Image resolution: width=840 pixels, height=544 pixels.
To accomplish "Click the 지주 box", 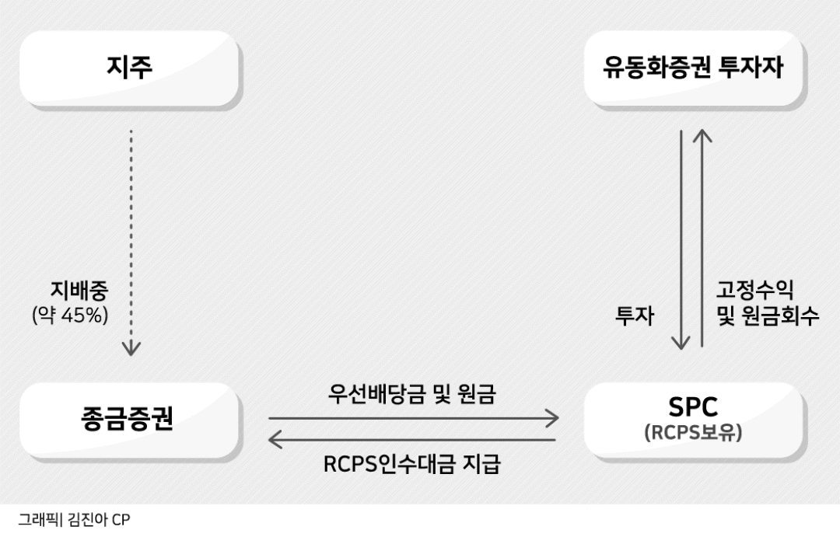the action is [x=129, y=68].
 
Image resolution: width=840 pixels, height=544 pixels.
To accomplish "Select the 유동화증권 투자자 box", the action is [x=694, y=68].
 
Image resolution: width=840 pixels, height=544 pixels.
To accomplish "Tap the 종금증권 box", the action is [x=129, y=420].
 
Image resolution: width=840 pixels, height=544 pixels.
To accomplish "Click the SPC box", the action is [x=694, y=420].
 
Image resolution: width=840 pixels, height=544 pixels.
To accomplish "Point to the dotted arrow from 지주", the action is [x=131, y=242].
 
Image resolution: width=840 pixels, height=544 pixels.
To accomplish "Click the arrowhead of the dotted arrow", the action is [x=131, y=349].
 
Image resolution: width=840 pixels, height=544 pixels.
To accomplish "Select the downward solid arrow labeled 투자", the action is [x=681, y=240].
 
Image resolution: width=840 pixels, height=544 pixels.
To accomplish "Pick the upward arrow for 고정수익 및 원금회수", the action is [x=702, y=239].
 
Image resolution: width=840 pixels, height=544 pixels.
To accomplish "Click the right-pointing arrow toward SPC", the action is [x=414, y=418].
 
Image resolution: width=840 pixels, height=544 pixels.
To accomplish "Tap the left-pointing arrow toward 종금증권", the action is [x=412, y=440].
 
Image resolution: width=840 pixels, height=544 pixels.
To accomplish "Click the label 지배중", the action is [x=79, y=290].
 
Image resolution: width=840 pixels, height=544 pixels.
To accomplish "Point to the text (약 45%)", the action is [x=70, y=315].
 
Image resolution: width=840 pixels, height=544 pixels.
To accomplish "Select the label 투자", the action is [x=635, y=316].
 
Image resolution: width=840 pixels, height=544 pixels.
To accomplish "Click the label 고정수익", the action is [x=754, y=290].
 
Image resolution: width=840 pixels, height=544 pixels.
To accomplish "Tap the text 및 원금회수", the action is [x=768, y=316].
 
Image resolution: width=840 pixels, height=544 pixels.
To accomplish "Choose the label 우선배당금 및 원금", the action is [x=412, y=394].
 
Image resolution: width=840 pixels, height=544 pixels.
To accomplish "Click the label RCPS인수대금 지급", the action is [x=412, y=464].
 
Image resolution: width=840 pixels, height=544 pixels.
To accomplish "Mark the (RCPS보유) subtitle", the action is [x=693, y=433].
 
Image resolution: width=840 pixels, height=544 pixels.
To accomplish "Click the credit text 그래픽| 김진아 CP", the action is [x=74, y=519].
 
